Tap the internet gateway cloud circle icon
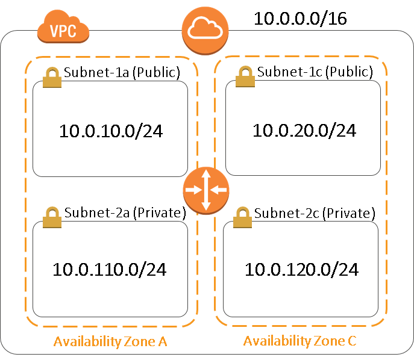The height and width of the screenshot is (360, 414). (205, 31)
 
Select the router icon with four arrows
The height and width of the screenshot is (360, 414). (206, 190)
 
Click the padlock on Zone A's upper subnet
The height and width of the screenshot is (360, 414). (52, 78)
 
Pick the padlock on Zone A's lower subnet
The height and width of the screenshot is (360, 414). (52, 217)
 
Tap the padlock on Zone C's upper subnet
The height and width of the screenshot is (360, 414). (245, 77)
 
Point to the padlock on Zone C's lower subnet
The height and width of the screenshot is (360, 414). (242, 217)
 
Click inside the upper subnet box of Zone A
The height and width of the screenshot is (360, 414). (110, 129)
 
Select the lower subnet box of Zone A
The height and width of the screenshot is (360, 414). (110, 268)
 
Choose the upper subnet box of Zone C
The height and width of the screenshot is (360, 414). (303, 128)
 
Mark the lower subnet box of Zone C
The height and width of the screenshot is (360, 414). (301, 268)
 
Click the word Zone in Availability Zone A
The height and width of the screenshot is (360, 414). (139, 342)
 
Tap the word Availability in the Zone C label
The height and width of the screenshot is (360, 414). (277, 341)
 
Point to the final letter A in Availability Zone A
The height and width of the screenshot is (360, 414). (162, 342)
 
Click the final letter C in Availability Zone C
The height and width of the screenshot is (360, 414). (352, 341)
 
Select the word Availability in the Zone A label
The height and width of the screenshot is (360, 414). (87, 342)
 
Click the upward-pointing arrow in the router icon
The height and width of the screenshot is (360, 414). (206, 176)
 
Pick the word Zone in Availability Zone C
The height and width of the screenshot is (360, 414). (329, 341)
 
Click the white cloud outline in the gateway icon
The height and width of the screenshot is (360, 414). (205, 27)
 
